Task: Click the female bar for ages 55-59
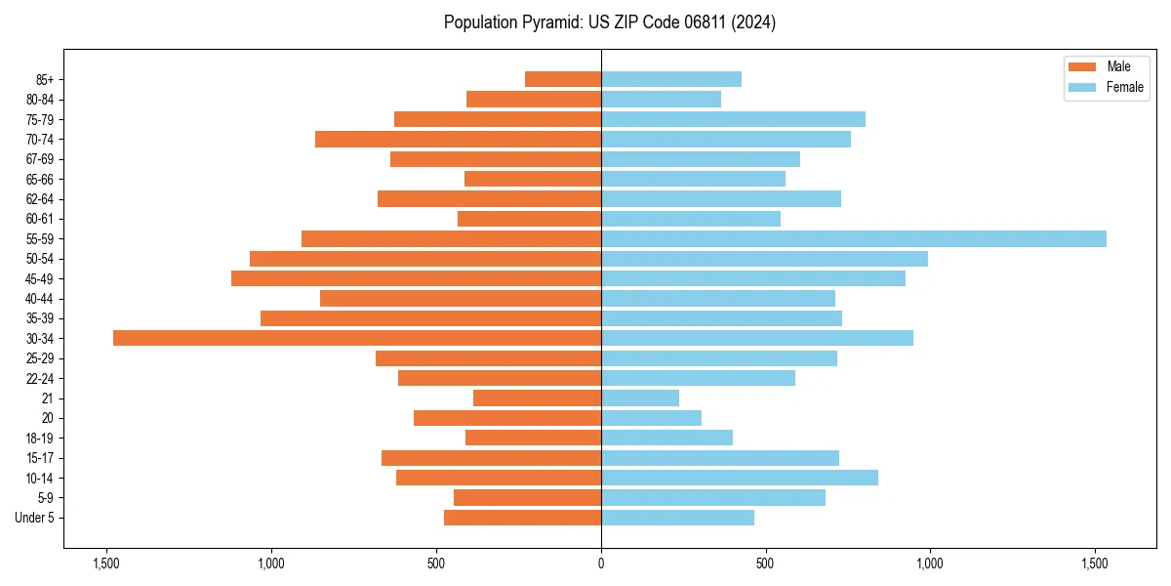[854, 239]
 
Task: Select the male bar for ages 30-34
[357, 338]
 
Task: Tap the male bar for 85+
[563, 79]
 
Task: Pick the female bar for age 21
[640, 398]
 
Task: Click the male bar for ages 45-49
[417, 278]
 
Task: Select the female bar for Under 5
[677, 518]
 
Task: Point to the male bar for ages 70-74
[459, 139]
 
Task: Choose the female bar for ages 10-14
[740, 478]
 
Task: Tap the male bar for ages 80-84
[534, 99]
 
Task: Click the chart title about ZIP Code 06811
[610, 22]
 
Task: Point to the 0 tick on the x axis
[601, 563]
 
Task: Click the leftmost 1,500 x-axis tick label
[105, 563]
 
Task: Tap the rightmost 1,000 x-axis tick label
[929, 563]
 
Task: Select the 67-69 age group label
[40, 159]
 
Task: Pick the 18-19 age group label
[40, 439]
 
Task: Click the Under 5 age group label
[34, 518]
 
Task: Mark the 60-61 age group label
[40, 219]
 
